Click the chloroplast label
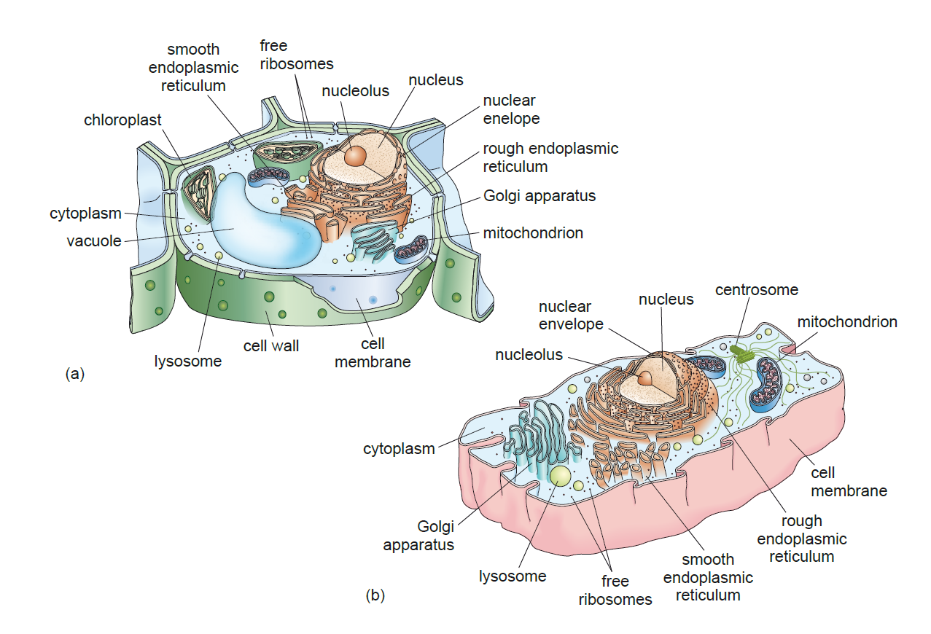122,120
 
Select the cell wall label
270,345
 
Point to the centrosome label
756,290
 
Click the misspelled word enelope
511,118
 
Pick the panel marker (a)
75,374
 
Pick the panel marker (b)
375,595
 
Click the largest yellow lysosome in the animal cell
561,477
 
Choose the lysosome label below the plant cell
187,361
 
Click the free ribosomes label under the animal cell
615,590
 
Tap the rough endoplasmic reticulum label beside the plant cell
550,157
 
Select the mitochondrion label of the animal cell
846,321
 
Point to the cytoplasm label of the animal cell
399,448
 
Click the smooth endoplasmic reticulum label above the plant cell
193,68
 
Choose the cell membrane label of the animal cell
849,482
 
